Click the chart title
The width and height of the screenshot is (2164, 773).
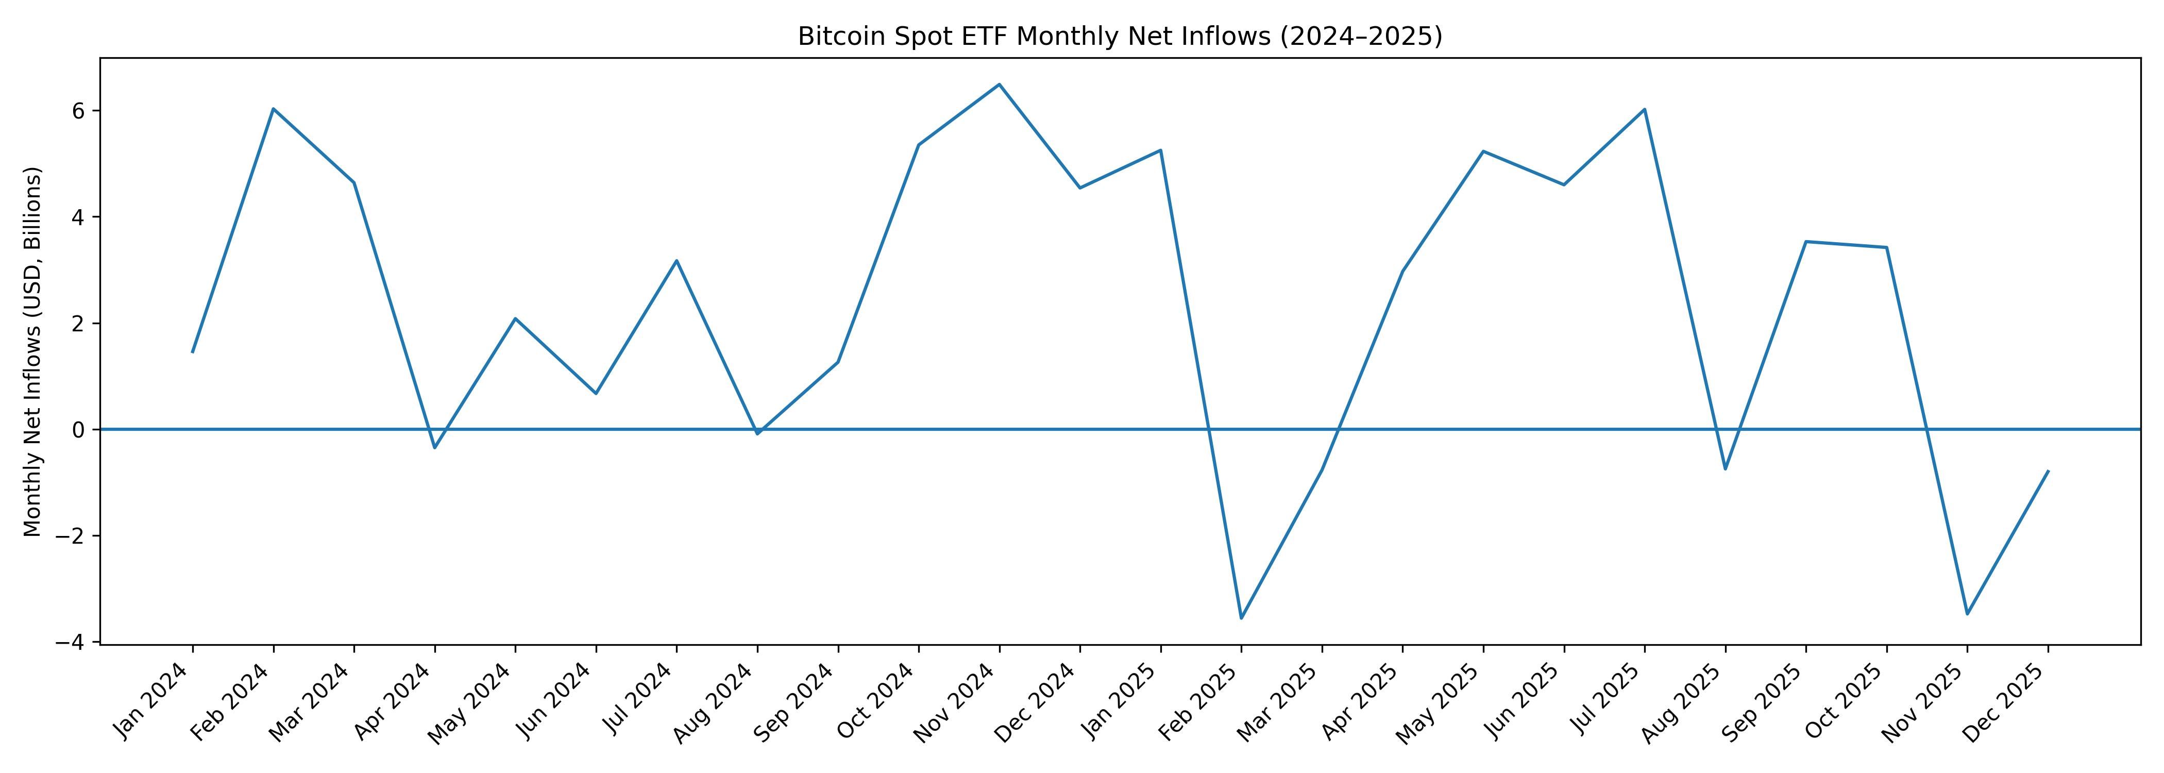pyautogui.click(x=1120, y=37)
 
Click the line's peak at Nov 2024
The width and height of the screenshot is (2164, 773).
pyautogui.click(x=999, y=84)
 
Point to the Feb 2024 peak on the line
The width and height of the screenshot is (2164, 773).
pyautogui.click(x=273, y=108)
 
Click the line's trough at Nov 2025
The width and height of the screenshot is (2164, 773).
pyautogui.click(x=1967, y=614)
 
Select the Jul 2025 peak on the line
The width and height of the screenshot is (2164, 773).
pyautogui.click(x=1644, y=109)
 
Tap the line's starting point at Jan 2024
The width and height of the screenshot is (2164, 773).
pyautogui.click(x=192, y=352)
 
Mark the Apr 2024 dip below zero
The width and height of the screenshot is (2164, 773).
pyautogui.click(x=434, y=448)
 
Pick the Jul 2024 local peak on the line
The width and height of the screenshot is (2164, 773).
pyautogui.click(x=676, y=260)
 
